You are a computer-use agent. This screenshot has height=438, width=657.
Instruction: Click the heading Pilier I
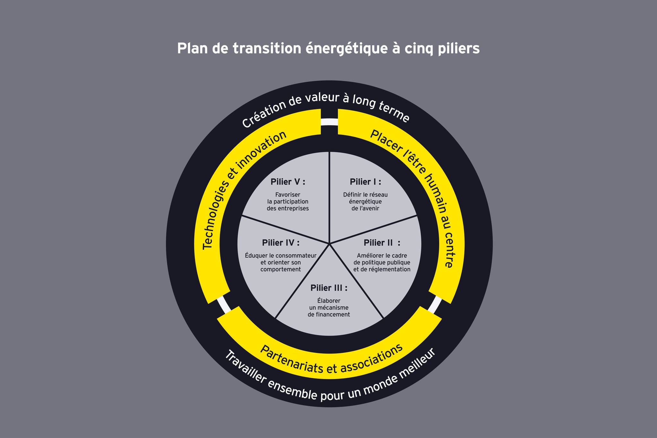[x=365, y=182]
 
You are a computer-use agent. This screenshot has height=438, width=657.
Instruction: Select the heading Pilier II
[x=382, y=243]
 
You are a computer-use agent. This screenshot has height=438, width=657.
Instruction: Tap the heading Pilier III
[x=329, y=288]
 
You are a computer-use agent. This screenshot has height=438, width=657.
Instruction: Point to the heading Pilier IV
[x=281, y=243]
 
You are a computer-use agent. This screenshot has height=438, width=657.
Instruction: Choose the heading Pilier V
[x=288, y=182]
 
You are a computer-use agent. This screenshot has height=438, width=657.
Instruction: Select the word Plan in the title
[x=191, y=49]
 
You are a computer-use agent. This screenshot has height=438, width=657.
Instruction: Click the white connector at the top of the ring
[x=329, y=122]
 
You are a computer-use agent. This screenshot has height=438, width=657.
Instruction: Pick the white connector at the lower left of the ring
[x=224, y=304]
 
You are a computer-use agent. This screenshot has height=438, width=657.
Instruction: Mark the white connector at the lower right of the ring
[x=435, y=304]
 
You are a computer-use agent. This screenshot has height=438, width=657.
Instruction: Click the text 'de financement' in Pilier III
[x=329, y=315]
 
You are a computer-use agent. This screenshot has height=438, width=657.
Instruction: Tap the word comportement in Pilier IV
[x=281, y=270]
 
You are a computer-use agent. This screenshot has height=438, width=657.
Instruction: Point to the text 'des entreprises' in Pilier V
[x=288, y=209]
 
